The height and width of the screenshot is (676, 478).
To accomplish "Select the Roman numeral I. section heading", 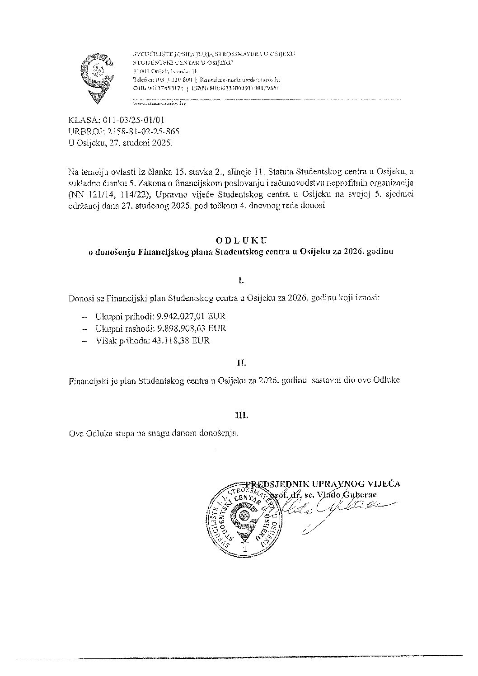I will click(241, 281).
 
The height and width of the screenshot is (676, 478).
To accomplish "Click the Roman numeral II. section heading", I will click(241, 362).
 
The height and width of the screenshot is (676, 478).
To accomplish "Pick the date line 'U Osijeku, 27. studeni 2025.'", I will click(120, 143).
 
